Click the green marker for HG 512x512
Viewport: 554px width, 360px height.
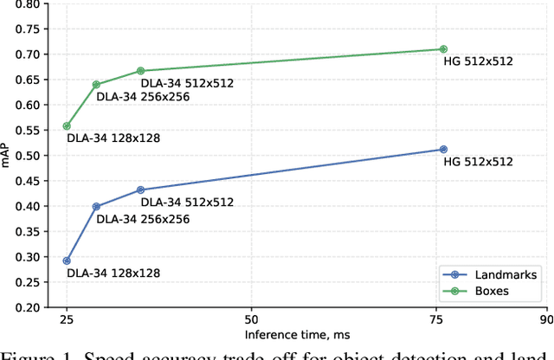(x=443, y=49)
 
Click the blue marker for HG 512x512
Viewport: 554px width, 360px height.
(x=443, y=150)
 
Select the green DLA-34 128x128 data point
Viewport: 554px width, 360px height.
(x=67, y=125)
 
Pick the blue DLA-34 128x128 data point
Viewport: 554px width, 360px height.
(x=67, y=260)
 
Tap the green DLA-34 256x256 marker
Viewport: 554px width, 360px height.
(x=96, y=85)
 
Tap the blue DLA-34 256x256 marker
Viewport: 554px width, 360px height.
(x=96, y=207)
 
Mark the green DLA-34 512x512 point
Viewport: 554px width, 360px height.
(x=140, y=71)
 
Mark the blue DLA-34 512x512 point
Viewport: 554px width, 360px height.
(x=140, y=190)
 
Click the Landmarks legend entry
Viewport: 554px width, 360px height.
(x=500, y=274)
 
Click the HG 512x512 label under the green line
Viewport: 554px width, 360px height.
(x=474, y=62)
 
